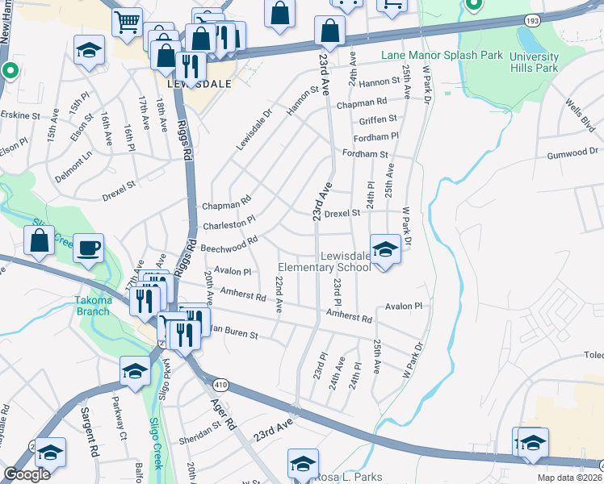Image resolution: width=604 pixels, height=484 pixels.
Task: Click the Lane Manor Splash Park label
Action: click(x=442, y=56)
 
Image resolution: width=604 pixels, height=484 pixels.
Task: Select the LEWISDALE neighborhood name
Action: click(x=199, y=83)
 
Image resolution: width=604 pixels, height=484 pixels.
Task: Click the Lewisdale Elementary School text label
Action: click(x=324, y=261)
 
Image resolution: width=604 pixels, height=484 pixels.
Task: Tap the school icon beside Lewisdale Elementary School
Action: click(x=385, y=249)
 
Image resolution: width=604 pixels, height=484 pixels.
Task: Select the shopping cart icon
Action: click(x=128, y=22)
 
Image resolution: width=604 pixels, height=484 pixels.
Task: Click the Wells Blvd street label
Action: click(x=578, y=115)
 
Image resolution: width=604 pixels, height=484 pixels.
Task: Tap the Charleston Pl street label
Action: click(x=229, y=219)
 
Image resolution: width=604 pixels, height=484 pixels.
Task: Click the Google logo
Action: click(x=27, y=474)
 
